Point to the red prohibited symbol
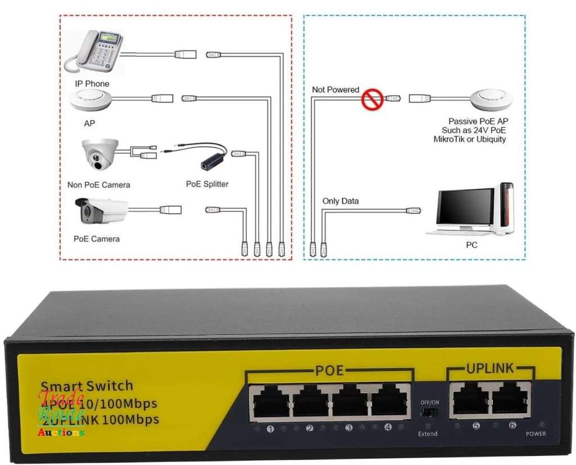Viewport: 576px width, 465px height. click(372, 100)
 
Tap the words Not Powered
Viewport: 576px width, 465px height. click(335, 90)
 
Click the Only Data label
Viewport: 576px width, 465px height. click(340, 201)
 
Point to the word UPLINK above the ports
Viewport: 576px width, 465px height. click(489, 369)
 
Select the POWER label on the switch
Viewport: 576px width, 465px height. click(535, 434)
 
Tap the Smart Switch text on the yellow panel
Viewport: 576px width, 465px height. click(87, 386)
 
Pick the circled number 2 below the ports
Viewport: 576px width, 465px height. click(309, 428)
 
